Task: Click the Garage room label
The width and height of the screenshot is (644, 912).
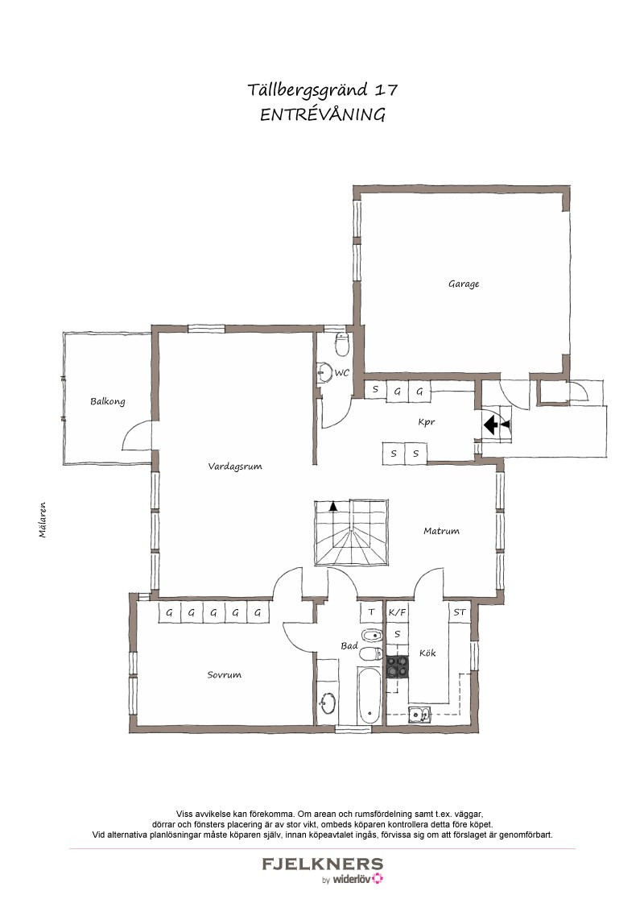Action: [x=463, y=284]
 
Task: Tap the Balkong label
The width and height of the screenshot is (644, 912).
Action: [x=108, y=401]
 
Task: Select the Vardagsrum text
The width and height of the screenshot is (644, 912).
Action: [x=235, y=466]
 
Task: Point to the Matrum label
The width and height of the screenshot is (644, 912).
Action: [x=441, y=530]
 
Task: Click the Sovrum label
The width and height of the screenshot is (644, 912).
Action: [x=225, y=674]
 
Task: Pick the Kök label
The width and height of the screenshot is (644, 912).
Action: [x=427, y=653]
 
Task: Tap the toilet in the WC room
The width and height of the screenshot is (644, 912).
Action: [x=342, y=345]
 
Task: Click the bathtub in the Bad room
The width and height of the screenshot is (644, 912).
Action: [x=367, y=696]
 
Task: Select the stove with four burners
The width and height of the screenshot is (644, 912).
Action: [x=398, y=667]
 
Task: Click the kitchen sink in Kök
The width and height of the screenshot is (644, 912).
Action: [x=419, y=714]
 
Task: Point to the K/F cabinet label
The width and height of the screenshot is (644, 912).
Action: [x=398, y=611]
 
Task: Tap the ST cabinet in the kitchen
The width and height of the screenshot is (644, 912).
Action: [x=460, y=611]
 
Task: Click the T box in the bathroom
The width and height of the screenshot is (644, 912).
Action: [x=371, y=611]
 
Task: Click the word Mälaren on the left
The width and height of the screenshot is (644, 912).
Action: [x=43, y=520]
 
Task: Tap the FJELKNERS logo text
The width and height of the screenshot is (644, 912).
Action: [x=323, y=864]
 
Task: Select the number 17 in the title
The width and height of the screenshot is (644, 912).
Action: [x=386, y=90]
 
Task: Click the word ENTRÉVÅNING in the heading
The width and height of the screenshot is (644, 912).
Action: [x=323, y=114]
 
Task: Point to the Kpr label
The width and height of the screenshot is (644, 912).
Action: [x=427, y=422]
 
